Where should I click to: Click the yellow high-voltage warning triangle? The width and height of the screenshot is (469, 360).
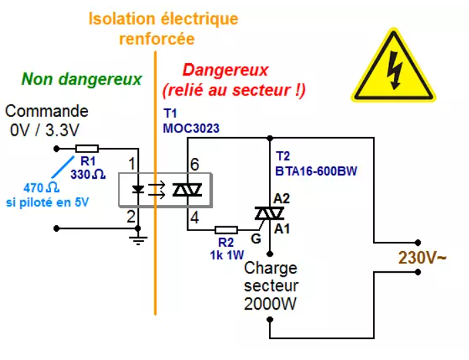(393, 66)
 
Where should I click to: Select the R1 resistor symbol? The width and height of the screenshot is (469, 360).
(87, 148)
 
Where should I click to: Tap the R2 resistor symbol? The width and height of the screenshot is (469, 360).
(226, 230)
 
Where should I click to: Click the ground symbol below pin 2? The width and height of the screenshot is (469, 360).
(138, 239)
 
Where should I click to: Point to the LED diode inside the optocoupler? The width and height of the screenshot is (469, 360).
(138, 189)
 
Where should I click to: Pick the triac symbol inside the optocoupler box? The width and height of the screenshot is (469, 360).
(188, 190)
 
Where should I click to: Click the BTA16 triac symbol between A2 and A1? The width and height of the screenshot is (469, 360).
(270, 214)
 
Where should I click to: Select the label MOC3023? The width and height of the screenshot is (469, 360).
(191, 128)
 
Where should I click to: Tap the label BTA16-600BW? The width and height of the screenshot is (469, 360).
(316, 171)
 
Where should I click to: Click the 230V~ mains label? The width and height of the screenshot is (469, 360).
(422, 257)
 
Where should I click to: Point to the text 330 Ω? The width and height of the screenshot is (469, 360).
(88, 174)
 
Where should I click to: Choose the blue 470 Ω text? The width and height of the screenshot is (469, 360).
(42, 188)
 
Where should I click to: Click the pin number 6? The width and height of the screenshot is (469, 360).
(195, 164)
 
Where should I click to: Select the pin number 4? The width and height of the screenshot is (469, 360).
(195, 218)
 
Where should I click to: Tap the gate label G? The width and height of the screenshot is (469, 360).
(256, 238)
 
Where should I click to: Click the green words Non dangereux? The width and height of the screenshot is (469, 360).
(82, 79)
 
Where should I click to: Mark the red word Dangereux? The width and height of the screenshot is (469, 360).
(225, 71)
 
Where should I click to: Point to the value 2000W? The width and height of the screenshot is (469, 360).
(270, 304)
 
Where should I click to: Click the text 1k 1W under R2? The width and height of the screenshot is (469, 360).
(227, 255)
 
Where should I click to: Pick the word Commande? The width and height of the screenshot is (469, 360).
(47, 111)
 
